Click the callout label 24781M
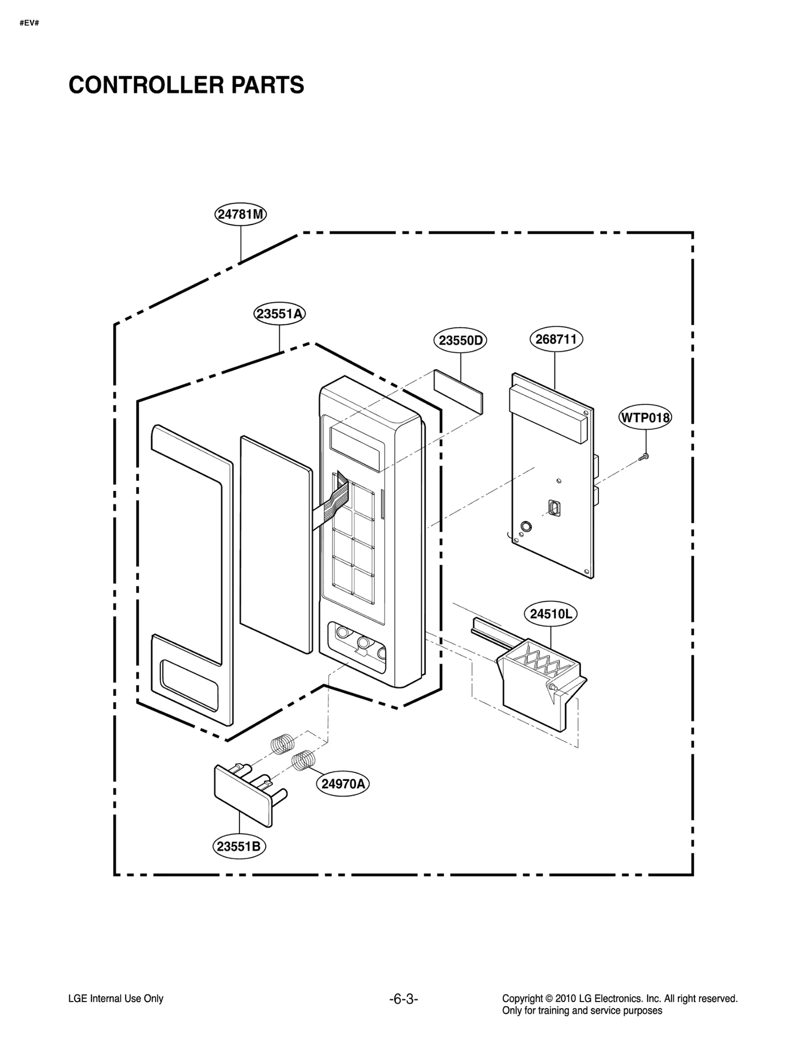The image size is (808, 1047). (x=240, y=214)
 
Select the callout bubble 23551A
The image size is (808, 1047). (x=279, y=314)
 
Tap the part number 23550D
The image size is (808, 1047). (x=460, y=340)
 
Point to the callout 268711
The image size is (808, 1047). (x=555, y=339)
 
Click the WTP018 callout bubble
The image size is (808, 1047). (x=645, y=418)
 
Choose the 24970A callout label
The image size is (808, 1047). (x=343, y=784)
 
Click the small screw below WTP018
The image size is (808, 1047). (x=644, y=457)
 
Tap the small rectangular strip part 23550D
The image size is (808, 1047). (x=458, y=391)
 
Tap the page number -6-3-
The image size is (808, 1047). (x=403, y=999)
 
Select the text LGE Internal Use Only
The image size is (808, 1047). (x=116, y=999)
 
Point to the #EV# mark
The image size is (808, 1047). (x=29, y=23)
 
